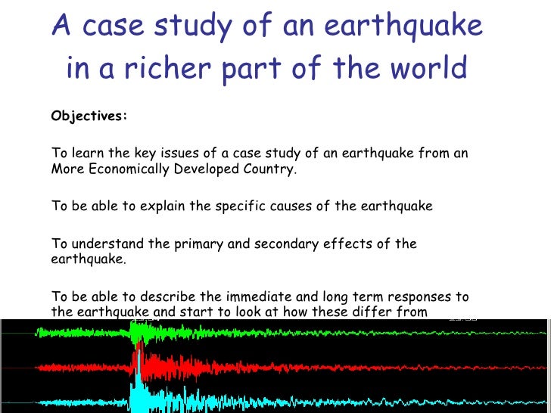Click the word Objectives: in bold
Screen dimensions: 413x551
(x=89, y=116)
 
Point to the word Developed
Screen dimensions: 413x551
(x=204, y=169)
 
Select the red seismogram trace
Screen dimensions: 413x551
(x=303, y=368)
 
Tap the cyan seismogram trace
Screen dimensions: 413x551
(x=303, y=402)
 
